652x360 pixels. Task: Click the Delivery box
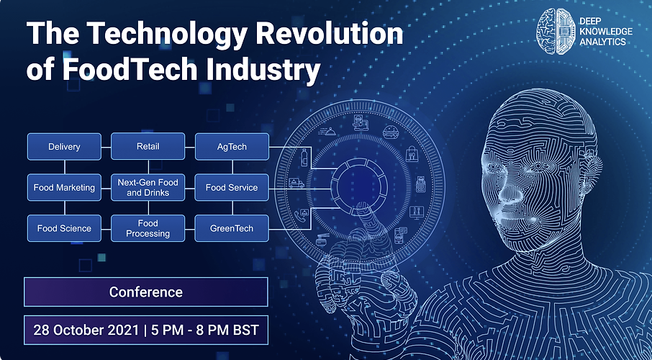[x=64, y=146]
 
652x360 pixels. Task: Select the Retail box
[x=148, y=146]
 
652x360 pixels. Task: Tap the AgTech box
[x=232, y=146]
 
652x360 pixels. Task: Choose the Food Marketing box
[x=64, y=187]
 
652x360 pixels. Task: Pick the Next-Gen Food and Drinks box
[x=148, y=187]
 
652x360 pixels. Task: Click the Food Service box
[x=232, y=187]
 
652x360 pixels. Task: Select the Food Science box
[x=64, y=228]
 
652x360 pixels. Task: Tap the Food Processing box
[x=148, y=228]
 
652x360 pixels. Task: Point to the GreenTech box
[x=232, y=228]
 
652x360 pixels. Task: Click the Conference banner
[x=146, y=292]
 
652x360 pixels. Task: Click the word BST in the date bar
[x=246, y=330]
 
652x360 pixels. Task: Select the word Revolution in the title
[x=330, y=33]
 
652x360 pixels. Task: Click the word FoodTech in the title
[x=130, y=69]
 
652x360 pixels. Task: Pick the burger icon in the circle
[x=391, y=132]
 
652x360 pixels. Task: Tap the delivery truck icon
[x=296, y=183]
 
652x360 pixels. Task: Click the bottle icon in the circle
[x=304, y=157]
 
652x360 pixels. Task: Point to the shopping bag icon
[x=412, y=153]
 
